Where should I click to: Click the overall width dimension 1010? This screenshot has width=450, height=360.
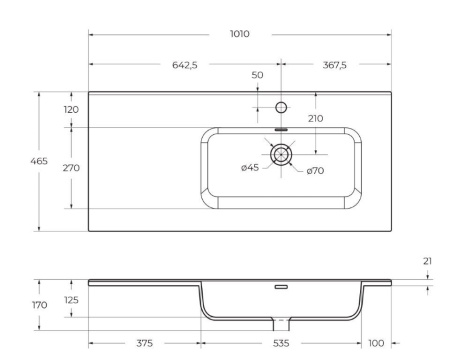[x=240, y=33]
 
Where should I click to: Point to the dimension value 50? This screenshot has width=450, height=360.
[x=257, y=76]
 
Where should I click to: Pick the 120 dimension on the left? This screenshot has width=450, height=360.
[x=71, y=109]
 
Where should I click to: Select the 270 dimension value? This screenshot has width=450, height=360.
[x=71, y=167]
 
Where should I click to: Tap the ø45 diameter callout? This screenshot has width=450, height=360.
[x=250, y=167]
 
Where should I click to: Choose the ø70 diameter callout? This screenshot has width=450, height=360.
[x=314, y=171]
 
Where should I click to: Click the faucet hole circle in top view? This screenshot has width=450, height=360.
[x=281, y=106]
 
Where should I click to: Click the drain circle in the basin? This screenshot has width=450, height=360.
[x=282, y=153]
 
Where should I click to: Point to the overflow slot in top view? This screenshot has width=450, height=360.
[x=281, y=128]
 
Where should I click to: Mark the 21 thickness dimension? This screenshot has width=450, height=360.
[x=428, y=262]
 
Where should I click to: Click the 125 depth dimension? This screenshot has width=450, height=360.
[x=71, y=299]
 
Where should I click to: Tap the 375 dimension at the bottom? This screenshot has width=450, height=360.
[x=145, y=343]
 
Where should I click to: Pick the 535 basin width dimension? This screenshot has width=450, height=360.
[x=281, y=343]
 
